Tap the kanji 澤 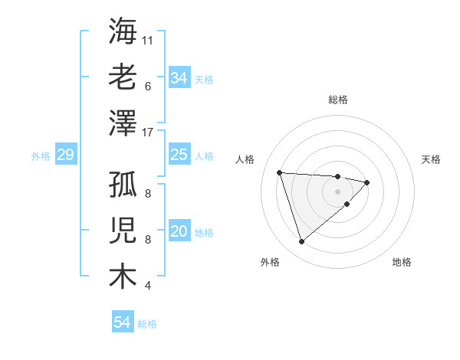click(123, 123)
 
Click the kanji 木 click(123, 276)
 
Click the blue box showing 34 click(179, 78)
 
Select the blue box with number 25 click(179, 155)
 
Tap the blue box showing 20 click(179, 232)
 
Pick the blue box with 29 click(65, 155)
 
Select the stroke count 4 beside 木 click(147, 286)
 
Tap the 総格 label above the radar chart click(338, 100)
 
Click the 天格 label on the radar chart click(431, 159)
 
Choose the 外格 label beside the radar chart click(270, 262)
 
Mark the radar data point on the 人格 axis click(280, 172)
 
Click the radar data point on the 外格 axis click(301, 242)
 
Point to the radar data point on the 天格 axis click(367, 182)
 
